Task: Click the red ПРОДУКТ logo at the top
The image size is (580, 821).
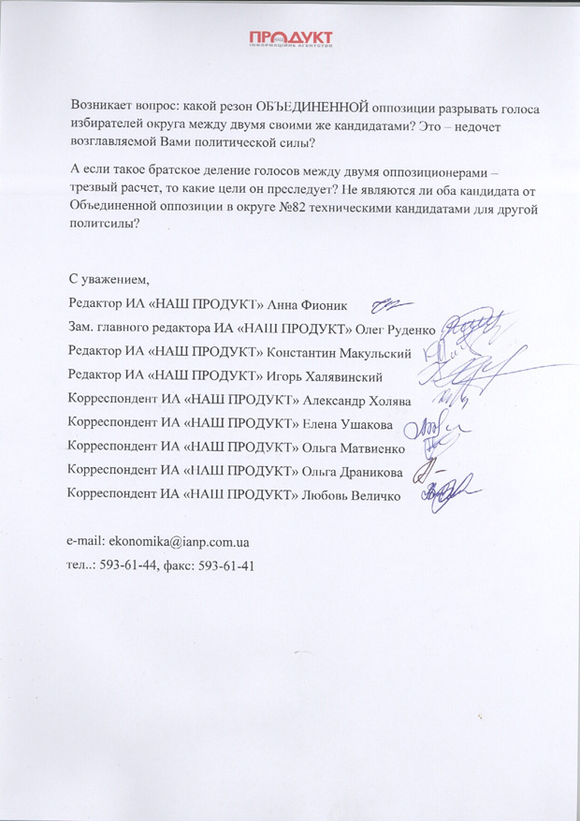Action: [x=290, y=38]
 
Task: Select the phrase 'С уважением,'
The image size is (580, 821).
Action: [x=109, y=280]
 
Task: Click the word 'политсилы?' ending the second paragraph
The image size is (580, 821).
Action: [x=103, y=225]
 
